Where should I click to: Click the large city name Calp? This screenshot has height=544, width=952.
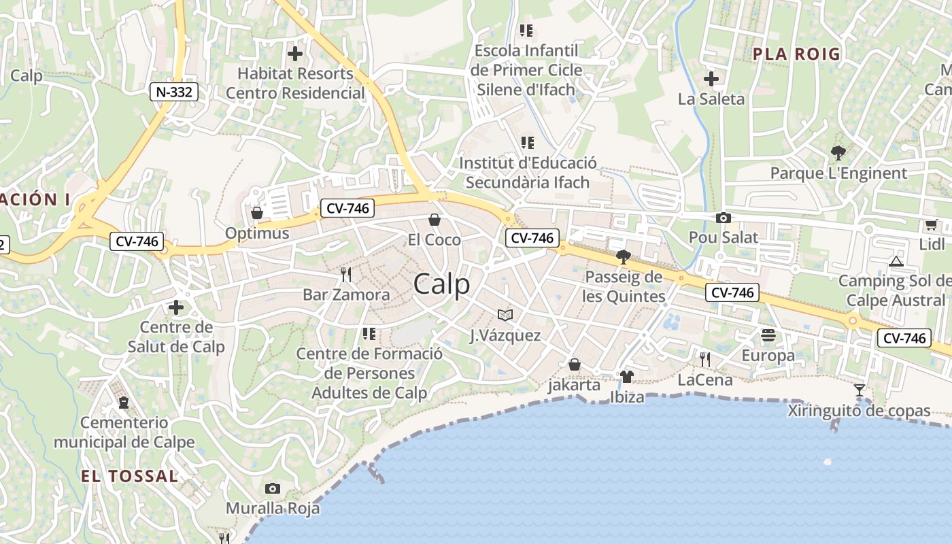441,284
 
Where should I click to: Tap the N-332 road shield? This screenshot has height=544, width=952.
174,92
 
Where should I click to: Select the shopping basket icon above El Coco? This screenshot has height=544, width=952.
435,220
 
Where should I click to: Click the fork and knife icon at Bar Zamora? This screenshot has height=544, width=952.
346,275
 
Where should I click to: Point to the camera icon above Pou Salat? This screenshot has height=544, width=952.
724,218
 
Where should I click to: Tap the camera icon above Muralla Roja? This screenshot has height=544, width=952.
273,488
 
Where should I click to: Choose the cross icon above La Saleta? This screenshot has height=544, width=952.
711,79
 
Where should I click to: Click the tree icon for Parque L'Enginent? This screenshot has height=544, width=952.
838,153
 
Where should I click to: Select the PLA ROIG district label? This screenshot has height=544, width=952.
796,54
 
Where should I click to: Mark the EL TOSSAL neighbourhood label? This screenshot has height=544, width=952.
130,476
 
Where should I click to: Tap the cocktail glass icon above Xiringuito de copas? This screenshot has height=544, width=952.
860,390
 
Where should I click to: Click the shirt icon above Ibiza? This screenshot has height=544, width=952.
627,376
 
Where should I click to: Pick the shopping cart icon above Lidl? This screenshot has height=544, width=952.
931,224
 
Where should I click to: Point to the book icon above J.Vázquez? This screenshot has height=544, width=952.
505,315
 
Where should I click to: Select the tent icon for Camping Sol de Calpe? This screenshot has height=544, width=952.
896,261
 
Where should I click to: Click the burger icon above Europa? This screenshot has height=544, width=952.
768,335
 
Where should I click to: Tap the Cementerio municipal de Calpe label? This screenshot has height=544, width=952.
124,432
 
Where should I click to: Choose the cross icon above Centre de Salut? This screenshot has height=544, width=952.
176,307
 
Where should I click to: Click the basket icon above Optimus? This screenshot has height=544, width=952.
257,214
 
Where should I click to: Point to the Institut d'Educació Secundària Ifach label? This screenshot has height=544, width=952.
528,173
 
